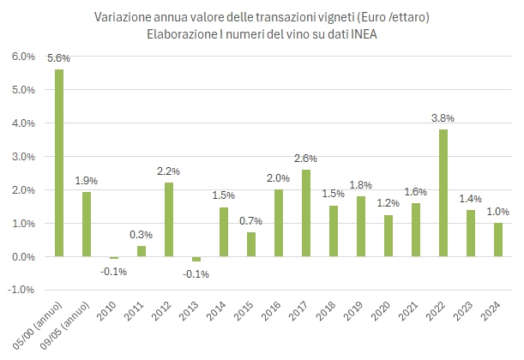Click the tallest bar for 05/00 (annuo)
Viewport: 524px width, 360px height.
click(59, 163)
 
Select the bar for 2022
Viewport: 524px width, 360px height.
click(443, 193)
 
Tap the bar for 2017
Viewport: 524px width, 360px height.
click(306, 213)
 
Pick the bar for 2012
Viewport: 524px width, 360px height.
click(169, 219)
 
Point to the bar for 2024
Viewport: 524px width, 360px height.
click(498, 240)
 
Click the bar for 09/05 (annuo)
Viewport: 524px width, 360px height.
click(87, 225)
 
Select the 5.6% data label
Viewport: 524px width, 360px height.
click(59, 58)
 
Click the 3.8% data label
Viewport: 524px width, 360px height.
click(443, 118)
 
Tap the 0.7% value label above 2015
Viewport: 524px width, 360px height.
click(251, 222)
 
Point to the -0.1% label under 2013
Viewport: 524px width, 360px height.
click(196, 273)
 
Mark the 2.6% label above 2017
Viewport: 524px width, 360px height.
click(306, 158)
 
